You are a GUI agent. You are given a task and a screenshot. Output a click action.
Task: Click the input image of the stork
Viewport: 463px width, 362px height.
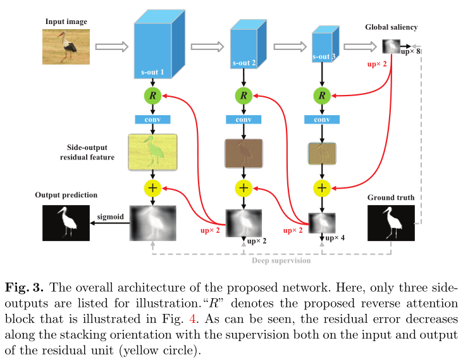pos(66,46)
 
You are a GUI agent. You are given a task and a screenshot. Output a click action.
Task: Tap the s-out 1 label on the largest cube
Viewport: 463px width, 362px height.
pos(153,72)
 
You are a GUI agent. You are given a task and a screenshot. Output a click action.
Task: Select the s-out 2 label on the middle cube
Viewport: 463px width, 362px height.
pos(244,63)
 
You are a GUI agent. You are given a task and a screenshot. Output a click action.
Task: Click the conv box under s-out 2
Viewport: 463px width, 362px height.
pos(244,120)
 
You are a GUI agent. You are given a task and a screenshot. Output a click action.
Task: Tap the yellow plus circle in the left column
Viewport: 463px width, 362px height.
pos(153,187)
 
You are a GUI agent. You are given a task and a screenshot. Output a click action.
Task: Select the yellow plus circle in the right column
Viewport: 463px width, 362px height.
pos(322,187)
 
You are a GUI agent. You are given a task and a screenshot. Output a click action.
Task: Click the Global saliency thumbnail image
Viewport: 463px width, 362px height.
pos(392,46)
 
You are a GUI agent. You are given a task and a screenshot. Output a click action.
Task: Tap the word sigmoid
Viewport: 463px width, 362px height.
pos(109,216)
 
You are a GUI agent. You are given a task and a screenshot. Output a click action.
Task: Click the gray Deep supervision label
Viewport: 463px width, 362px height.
pos(281,260)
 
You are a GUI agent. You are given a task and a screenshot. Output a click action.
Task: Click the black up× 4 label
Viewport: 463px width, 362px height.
pos(336,238)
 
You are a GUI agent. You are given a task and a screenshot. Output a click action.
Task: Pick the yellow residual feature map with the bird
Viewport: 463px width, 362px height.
pos(153,153)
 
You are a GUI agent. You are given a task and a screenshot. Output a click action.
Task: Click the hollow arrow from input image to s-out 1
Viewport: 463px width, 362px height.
pos(111,46)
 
